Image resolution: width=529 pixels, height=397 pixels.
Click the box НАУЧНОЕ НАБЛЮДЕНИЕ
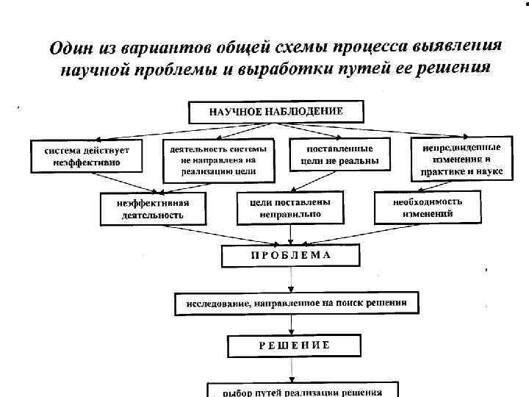(276, 112)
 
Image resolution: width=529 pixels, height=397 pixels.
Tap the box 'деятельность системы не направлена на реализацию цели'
(218, 160)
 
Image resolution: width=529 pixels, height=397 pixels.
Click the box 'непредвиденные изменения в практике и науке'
(461, 158)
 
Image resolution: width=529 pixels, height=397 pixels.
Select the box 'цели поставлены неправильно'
(290, 208)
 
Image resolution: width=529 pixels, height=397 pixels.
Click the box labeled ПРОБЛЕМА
(292, 256)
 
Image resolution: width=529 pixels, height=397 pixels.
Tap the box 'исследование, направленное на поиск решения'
(296, 303)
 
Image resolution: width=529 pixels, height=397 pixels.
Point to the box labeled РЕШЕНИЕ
(294, 345)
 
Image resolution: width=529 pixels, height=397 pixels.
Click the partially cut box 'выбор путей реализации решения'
(302, 390)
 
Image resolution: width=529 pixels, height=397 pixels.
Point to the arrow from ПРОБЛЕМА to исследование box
(292, 279)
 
